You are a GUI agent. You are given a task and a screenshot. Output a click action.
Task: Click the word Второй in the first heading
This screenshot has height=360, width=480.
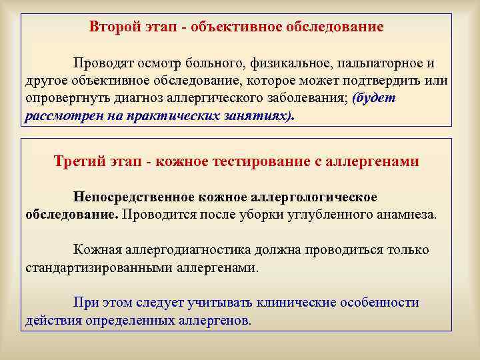click(110, 27)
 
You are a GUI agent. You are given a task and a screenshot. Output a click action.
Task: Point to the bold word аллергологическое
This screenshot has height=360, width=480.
click(316, 197)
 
